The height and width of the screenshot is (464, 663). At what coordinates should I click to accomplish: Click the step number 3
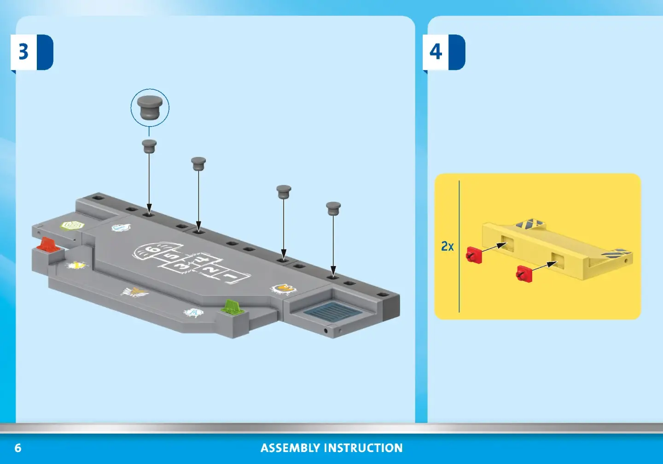pos(23,52)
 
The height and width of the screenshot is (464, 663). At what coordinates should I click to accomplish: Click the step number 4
pos(436,52)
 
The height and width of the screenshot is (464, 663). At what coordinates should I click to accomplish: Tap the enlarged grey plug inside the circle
pos(150,107)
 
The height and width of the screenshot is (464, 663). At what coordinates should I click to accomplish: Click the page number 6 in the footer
pos(18,448)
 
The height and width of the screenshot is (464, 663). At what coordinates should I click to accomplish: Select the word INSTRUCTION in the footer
pos(363,448)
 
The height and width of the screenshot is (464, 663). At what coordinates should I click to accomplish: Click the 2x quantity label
pos(447,246)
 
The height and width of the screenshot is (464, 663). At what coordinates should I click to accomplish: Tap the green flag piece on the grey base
pos(233,307)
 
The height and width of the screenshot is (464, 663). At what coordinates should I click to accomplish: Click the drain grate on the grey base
pos(332,313)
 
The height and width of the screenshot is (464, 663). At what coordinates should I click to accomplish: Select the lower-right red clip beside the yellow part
pos(524,274)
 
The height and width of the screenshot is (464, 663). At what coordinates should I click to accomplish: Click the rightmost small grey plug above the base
pos(333,209)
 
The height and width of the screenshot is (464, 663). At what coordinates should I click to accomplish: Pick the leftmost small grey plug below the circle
pos(149,146)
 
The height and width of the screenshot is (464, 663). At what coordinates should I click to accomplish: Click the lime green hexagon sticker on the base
pos(73,226)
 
